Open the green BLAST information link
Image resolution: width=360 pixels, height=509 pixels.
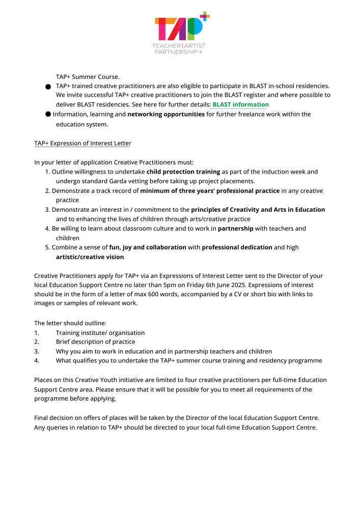coord(240,104)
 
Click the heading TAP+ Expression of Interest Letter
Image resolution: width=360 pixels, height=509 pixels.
coord(82,143)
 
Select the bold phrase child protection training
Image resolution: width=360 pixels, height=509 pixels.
coord(183,172)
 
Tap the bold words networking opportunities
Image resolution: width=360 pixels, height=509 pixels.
coord(166,114)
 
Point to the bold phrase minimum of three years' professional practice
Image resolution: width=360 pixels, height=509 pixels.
coord(210,191)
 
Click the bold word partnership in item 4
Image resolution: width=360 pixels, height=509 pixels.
coord(235,229)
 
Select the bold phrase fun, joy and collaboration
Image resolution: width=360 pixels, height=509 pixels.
coord(148,247)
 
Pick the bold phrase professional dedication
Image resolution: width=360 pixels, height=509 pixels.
coord(237,247)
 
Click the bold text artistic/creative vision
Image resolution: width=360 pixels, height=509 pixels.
coord(90,257)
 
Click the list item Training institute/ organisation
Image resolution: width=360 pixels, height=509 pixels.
coord(100,332)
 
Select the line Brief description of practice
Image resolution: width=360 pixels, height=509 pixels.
coord(95,342)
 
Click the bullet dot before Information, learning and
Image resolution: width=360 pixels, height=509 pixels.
coord(47,114)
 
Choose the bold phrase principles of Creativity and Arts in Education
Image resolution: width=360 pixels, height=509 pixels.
coord(258,210)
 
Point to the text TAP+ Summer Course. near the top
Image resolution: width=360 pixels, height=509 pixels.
coord(88,77)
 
